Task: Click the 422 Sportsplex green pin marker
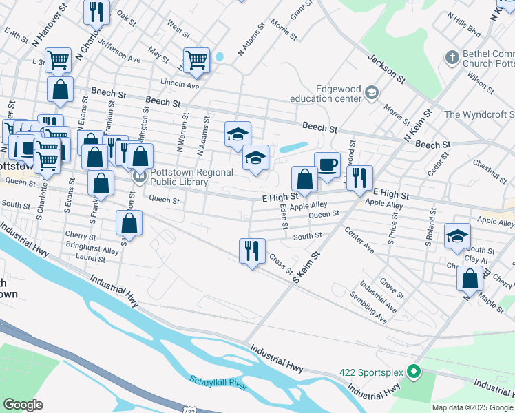(413, 372)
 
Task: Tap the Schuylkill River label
(218, 382)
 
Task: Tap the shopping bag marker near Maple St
(470, 279)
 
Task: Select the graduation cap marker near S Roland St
(457, 235)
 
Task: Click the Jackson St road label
(381, 65)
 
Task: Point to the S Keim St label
(307, 268)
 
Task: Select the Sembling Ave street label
(368, 308)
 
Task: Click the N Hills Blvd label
(463, 23)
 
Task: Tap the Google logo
(23, 405)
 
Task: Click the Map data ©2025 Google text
(472, 407)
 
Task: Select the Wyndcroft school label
(480, 114)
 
